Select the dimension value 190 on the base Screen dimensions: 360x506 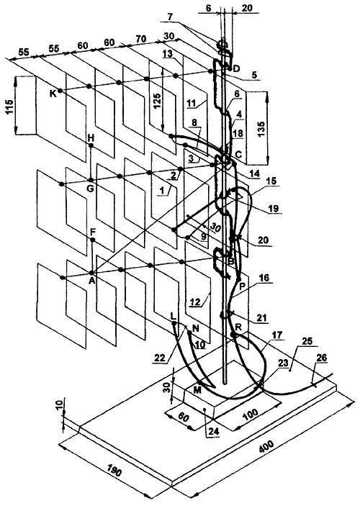tap(114, 471)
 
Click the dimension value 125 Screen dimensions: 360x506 tap(156, 101)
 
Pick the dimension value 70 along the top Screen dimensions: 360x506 tap(140, 40)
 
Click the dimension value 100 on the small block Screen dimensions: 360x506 tap(251, 415)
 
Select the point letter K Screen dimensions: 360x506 tap(53, 94)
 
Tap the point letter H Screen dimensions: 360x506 tap(91, 137)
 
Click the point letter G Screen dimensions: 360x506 tap(91, 188)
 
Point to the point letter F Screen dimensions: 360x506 tap(93, 232)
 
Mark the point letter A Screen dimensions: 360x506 tap(92, 281)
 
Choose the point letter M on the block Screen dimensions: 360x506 tap(197, 390)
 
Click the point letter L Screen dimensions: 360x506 tap(173, 315)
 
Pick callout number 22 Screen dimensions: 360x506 tap(161, 358)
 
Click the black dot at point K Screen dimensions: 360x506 tap(60, 91)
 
